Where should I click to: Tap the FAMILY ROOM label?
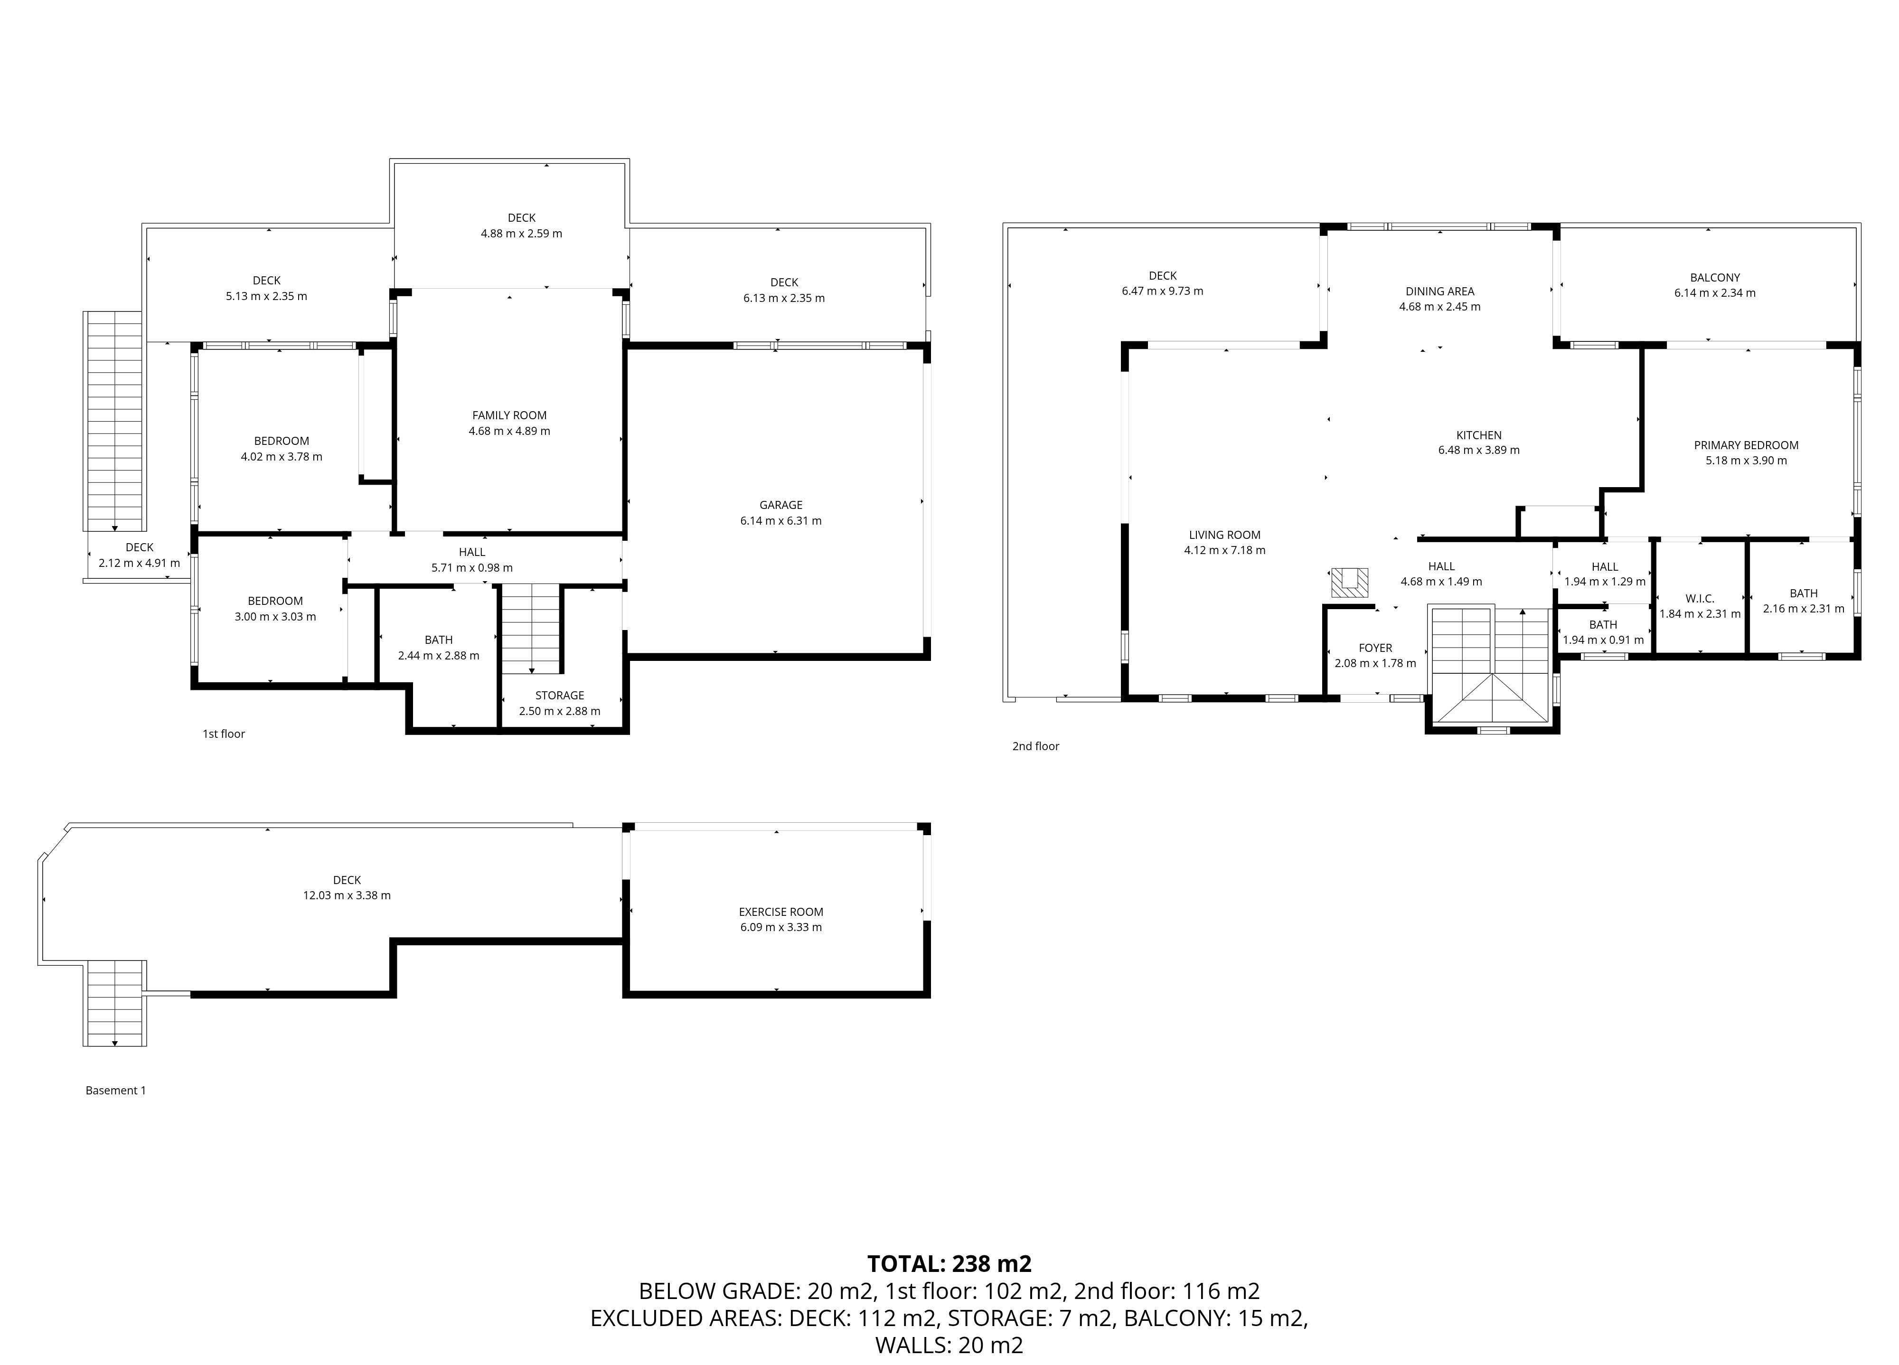[509, 415]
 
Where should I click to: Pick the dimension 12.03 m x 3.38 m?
[347, 895]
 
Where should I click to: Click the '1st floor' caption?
[224, 734]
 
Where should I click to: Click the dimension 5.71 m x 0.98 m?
[472, 568]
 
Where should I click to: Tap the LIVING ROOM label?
[1224, 535]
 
